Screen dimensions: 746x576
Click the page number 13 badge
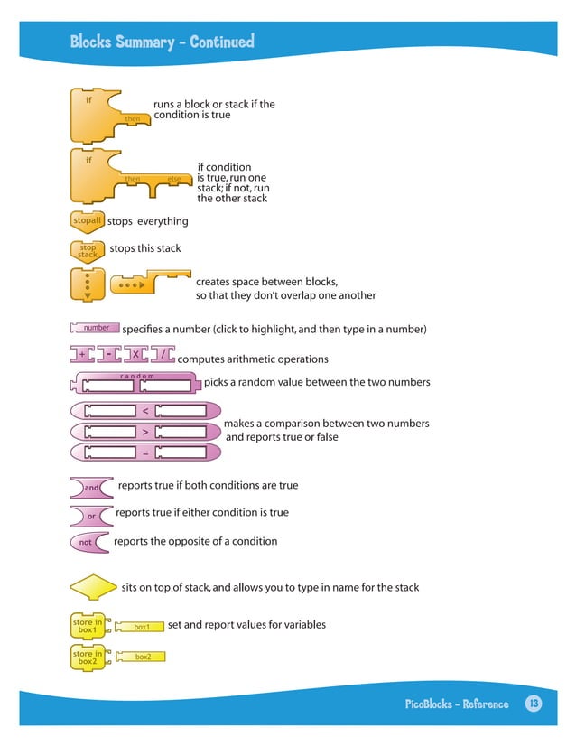(x=533, y=704)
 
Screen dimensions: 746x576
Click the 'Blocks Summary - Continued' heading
(x=163, y=42)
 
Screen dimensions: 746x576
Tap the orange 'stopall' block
(x=87, y=220)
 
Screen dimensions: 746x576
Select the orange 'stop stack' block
(x=88, y=250)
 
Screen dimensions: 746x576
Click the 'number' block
(x=94, y=328)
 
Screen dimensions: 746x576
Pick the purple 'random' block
(x=135, y=384)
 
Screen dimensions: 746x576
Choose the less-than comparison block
(x=144, y=411)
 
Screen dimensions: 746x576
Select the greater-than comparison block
(x=144, y=432)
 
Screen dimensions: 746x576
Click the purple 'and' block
(x=91, y=488)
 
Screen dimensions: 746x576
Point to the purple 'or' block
(x=91, y=516)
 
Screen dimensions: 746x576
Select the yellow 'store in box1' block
(x=88, y=625)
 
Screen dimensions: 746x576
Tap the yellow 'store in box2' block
(x=88, y=657)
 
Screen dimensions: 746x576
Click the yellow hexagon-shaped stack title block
(x=93, y=589)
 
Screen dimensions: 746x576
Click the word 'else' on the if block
(x=174, y=179)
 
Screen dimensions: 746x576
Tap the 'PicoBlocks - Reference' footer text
(x=456, y=704)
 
